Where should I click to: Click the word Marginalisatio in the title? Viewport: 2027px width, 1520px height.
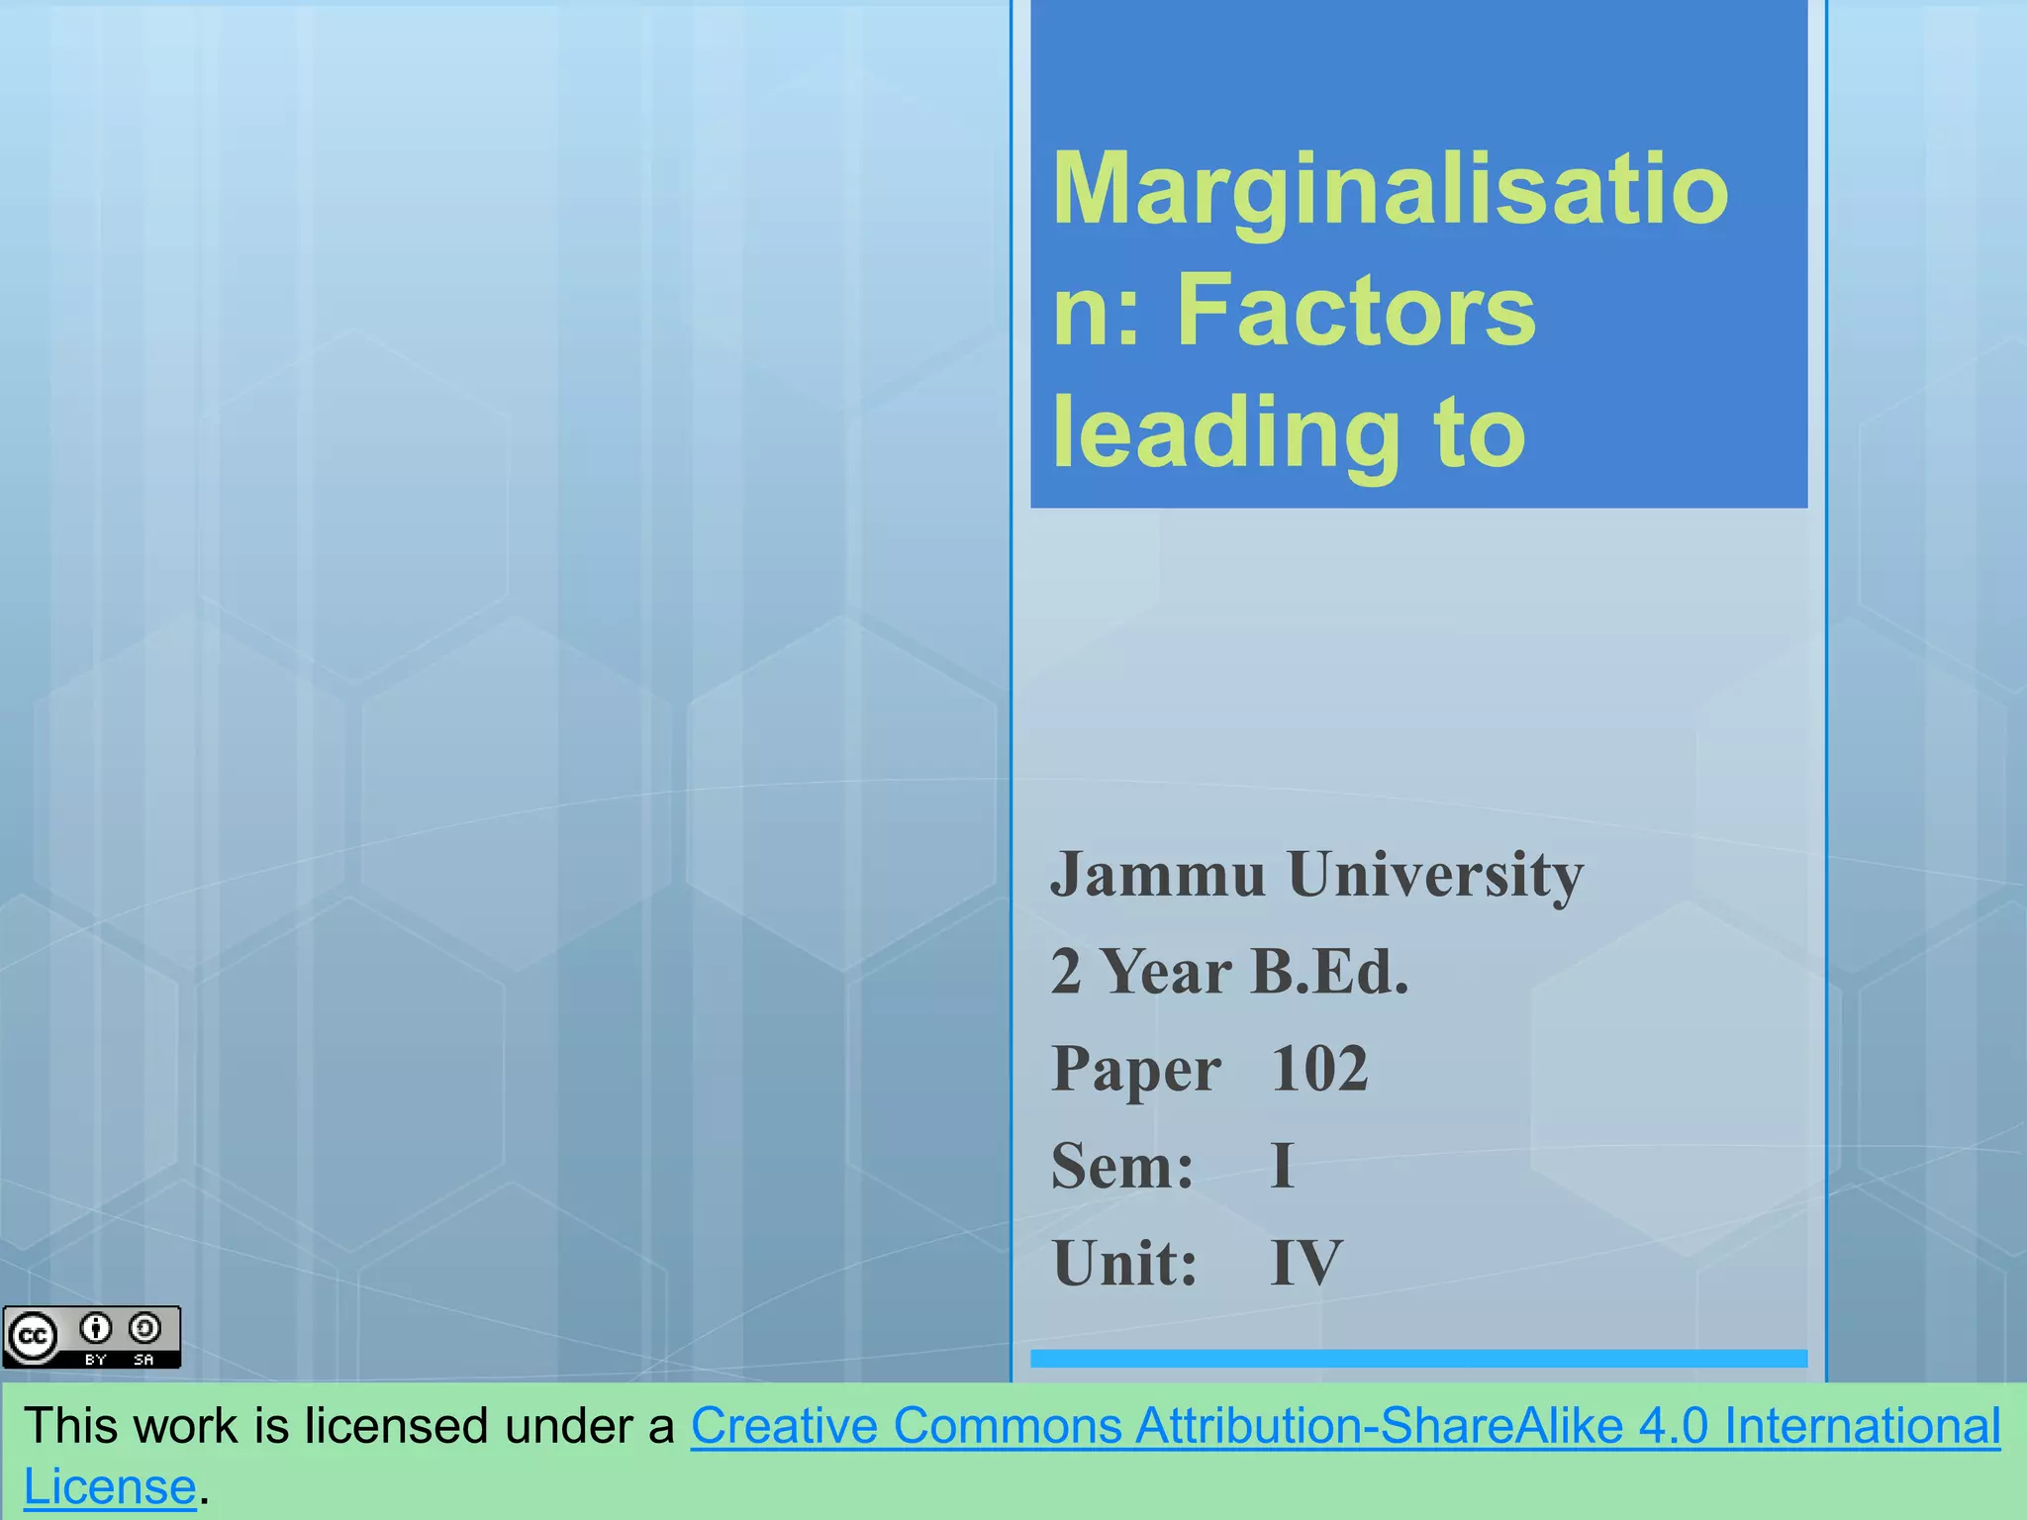pyautogui.click(x=1390, y=190)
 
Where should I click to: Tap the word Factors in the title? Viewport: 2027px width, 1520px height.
pyautogui.click(x=1356, y=312)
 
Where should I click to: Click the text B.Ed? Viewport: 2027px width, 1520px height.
pyautogui.click(x=1328, y=972)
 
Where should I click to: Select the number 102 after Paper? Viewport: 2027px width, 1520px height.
pyautogui.click(x=1319, y=1069)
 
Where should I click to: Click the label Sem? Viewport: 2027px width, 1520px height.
pyautogui.click(x=1122, y=1166)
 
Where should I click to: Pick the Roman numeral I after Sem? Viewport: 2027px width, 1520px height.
pyautogui.click(x=1282, y=1166)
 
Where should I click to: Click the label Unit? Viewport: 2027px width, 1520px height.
pyautogui.click(x=1124, y=1264)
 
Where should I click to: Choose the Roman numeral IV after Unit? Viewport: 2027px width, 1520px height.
pyautogui.click(x=1306, y=1264)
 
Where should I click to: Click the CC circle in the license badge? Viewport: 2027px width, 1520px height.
pyautogui.click(x=33, y=1337)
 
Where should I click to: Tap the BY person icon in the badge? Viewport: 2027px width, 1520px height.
pyautogui.click(x=96, y=1328)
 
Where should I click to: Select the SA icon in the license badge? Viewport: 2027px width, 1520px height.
pyautogui.click(x=145, y=1328)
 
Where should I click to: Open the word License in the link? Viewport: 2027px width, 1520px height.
pyautogui.click(x=110, y=1487)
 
